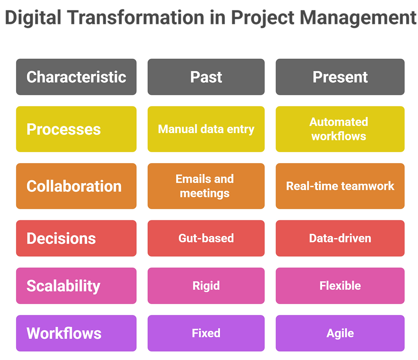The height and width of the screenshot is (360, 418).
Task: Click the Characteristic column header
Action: pyautogui.click(x=76, y=77)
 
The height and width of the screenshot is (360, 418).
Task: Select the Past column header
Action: pyautogui.click(x=206, y=77)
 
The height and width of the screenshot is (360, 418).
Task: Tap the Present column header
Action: pyautogui.click(x=340, y=77)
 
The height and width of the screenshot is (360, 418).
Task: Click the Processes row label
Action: pyautogui.click(x=76, y=129)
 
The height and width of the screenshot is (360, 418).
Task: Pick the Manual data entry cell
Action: pyautogui.click(x=206, y=129)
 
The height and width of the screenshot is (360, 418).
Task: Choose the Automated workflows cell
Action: pyautogui.click(x=340, y=129)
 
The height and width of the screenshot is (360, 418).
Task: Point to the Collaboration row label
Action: pyautogui.click(x=76, y=186)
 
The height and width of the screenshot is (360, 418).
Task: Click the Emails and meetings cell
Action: pyautogui.click(x=206, y=186)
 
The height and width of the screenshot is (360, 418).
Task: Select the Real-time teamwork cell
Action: pyautogui.click(x=340, y=186)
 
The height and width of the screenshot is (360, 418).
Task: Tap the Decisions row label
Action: pyautogui.click(x=76, y=238)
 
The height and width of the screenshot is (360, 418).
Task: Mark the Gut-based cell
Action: pyautogui.click(x=206, y=238)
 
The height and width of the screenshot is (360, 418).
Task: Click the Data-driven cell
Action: pyautogui.click(x=340, y=238)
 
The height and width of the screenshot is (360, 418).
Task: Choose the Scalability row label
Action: pyautogui.click(x=76, y=285)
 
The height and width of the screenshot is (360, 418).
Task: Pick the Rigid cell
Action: pyautogui.click(x=206, y=285)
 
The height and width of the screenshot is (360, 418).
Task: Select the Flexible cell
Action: pyautogui.click(x=340, y=285)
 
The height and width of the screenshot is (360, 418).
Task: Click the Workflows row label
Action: pyautogui.click(x=76, y=333)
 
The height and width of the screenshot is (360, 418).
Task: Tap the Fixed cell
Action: pyautogui.click(x=206, y=333)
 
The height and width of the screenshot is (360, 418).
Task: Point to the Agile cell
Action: pyautogui.click(x=340, y=333)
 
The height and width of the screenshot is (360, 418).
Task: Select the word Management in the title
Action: pyautogui.click(x=353, y=18)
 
